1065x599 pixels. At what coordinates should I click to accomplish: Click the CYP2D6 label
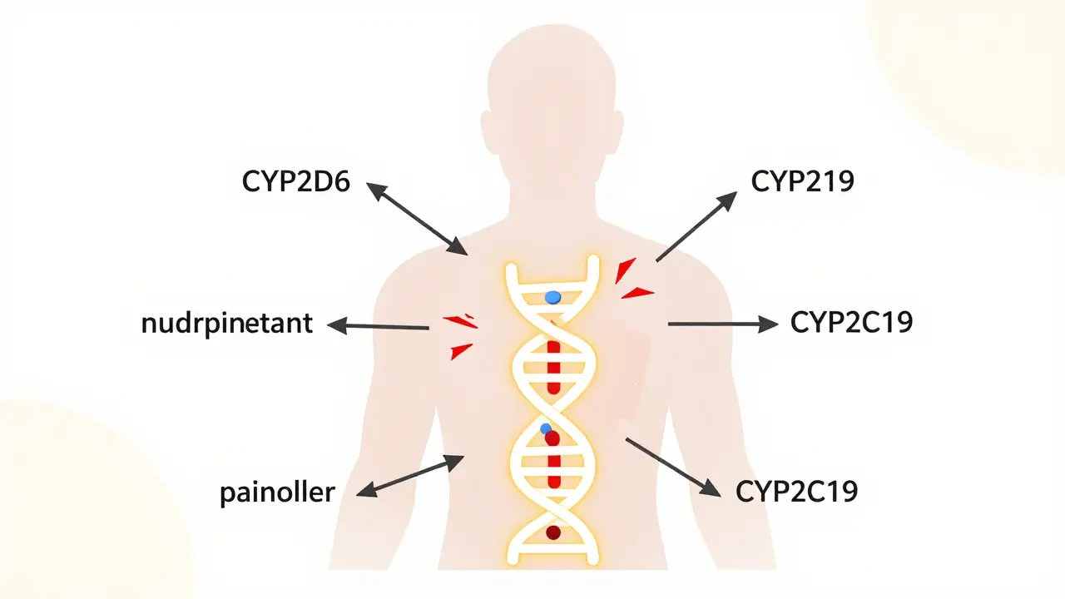click(x=296, y=183)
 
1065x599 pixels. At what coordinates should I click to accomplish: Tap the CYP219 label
click(x=802, y=182)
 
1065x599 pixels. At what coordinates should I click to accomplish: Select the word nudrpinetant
click(x=227, y=324)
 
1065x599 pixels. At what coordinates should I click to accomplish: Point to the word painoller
click(x=277, y=493)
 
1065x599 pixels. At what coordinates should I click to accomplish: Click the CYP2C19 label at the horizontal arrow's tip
click(x=851, y=323)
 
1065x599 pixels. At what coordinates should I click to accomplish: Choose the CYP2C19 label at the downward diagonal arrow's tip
click(x=796, y=492)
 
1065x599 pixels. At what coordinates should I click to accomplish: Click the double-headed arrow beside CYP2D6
click(x=417, y=220)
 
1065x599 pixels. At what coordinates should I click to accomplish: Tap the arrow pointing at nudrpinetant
click(x=379, y=327)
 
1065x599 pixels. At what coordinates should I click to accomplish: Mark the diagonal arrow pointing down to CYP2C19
click(x=672, y=468)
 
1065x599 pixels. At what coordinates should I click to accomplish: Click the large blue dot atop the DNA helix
click(x=552, y=297)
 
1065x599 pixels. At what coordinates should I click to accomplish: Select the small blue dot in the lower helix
click(x=545, y=428)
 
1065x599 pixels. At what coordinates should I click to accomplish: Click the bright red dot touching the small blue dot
click(x=552, y=438)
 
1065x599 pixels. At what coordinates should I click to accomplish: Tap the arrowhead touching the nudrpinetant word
click(x=338, y=325)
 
